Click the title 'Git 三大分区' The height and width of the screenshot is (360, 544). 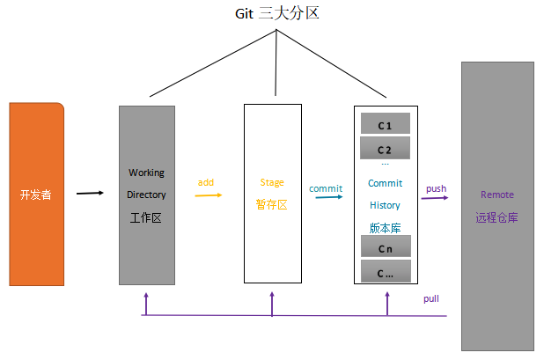tap(276, 13)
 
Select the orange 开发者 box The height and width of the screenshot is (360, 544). tap(36, 195)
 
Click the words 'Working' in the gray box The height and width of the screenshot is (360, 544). tap(146, 173)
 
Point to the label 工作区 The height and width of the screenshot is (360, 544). tap(146, 217)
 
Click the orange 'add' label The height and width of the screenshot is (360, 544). tap(206, 182)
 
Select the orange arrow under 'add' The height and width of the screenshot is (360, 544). tap(208, 195)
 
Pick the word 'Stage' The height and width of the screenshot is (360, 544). tap(272, 183)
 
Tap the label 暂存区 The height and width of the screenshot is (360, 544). tap(272, 204)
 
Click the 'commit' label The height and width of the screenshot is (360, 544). tap(325, 187)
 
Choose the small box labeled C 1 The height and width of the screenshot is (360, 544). tap(385, 125)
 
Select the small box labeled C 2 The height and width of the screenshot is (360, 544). tap(385, 149)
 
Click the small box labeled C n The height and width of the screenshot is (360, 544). tap(385, 248)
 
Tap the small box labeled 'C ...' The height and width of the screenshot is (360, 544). tap(385, 272)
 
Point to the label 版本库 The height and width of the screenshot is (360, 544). tap(385, 227)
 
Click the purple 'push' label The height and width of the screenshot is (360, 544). tap(436, 188)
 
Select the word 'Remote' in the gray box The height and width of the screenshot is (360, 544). tap(497, 195)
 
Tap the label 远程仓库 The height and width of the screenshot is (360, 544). tap(497, 217)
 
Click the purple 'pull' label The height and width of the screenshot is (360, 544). tap(431, 299)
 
